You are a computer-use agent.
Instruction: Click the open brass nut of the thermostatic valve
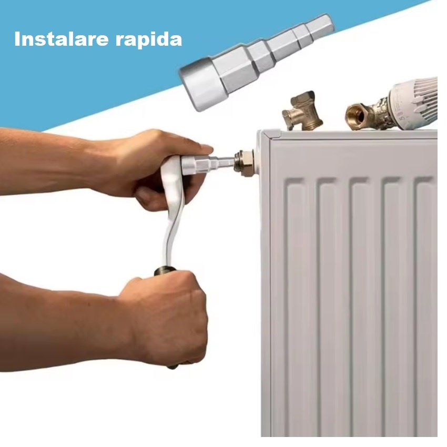point(356,116)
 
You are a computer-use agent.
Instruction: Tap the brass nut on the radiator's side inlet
point(245,163)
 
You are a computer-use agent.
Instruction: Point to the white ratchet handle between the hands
point(172,211)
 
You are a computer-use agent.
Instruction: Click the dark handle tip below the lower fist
point(173,367)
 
